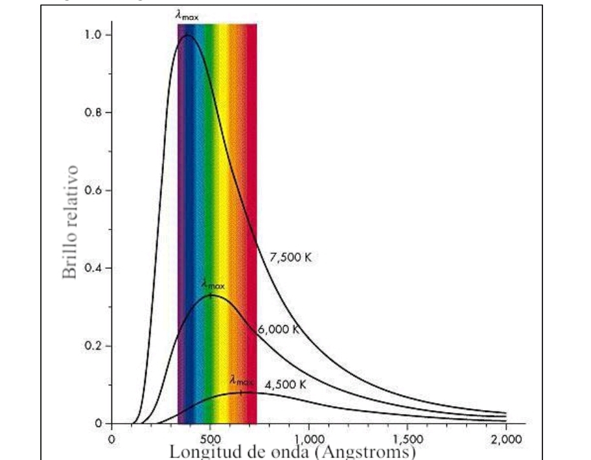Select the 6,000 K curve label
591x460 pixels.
[279, 329]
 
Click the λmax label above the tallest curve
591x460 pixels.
[187, 14]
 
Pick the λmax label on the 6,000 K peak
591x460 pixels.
[213, 283]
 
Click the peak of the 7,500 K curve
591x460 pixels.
[187, 35]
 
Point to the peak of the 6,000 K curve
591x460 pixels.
[211, 295]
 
